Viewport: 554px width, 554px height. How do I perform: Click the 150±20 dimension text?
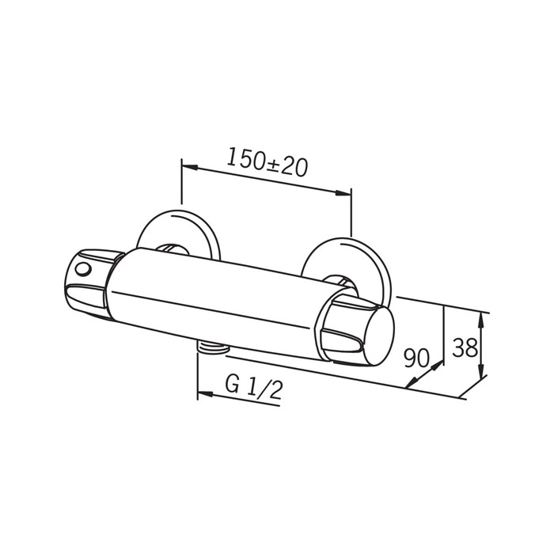267,162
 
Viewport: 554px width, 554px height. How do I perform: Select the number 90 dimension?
417,358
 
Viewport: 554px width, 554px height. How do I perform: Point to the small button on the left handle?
84,271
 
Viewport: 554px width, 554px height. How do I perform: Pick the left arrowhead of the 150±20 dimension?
189,166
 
